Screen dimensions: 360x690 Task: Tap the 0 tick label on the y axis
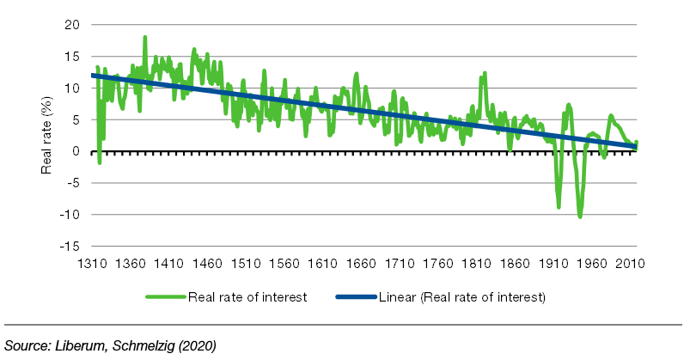(x=76, y=151)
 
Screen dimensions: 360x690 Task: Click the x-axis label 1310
(x=92, y=265)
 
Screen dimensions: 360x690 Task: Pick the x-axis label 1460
(x=207, y=265)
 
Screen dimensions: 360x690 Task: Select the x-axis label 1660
(x=361, y=265)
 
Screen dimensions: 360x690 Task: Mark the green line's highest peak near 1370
(x=145, y=37)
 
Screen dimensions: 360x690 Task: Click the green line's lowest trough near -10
(x=580, y=217)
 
